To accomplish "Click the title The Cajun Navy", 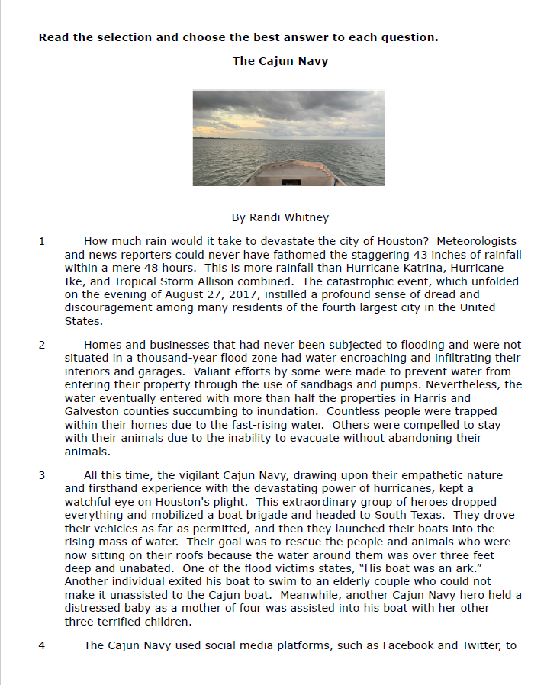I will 280,61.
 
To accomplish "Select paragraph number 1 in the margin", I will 42,241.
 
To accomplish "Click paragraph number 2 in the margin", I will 42,345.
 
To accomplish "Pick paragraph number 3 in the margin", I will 42,475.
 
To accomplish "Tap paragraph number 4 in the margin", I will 42,645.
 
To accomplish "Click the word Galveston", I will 89,411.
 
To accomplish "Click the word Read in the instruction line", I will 53,37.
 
